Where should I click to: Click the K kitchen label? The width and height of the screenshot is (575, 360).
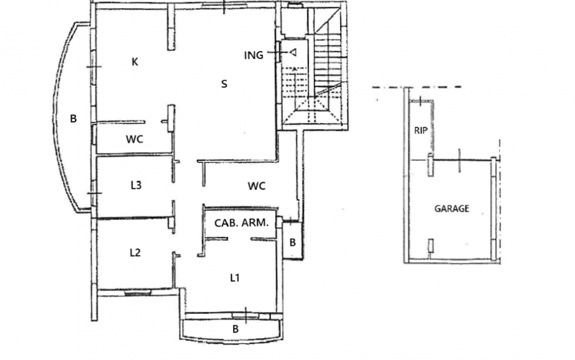135,62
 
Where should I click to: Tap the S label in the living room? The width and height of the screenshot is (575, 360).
224,84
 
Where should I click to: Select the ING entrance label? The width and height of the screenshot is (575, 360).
254,55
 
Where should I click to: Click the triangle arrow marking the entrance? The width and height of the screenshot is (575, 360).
293,53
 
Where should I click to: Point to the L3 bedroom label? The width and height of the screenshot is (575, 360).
136,185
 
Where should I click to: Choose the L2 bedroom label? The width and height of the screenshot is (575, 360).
136,252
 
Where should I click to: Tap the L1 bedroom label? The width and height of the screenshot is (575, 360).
235,278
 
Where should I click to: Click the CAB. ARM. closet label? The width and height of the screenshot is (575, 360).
241,223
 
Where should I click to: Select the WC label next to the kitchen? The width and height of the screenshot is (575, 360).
134,139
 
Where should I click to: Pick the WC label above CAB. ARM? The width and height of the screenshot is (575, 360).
256,186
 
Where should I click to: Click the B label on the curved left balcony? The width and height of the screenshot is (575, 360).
73,119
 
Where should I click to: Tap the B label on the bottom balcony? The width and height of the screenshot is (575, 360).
236,329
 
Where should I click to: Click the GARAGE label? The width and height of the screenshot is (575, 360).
452,209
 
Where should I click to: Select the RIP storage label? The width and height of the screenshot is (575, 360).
421,131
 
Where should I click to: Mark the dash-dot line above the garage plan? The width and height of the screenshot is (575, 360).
417,87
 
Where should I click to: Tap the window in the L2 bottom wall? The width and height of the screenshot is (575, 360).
137,293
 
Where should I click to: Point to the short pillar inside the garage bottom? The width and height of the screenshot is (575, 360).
431,246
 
